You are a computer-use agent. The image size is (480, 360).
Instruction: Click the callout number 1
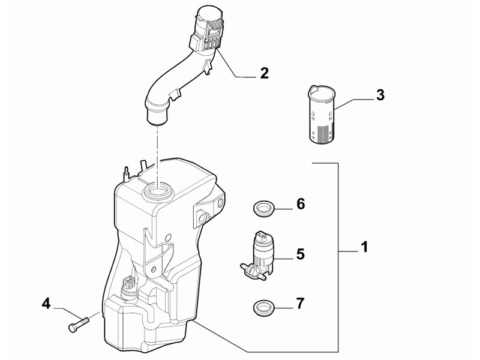tap(364, 247)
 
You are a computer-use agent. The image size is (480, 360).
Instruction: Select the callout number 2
tap(265, 73)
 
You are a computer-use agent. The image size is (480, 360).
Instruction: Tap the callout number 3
tap(380, 95)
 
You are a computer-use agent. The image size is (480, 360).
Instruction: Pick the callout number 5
tap(301, 254)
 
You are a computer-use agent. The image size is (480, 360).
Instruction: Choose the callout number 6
tap(301, 203)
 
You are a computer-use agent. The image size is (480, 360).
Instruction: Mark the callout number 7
tap(301, 303)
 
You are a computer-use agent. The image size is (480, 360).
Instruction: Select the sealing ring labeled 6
tap(263, 209)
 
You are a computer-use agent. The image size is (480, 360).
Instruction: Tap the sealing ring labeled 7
tap(263, 307)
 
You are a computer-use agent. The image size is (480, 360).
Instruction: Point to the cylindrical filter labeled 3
tap(321, 114)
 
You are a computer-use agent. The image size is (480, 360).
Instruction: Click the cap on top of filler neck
tap(209, 14)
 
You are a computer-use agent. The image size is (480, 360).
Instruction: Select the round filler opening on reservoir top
tap(158, 191)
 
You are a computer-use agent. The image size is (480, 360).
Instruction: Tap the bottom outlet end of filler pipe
tap(157, 116)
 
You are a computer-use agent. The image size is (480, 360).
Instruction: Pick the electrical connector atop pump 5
tap(261, 237)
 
